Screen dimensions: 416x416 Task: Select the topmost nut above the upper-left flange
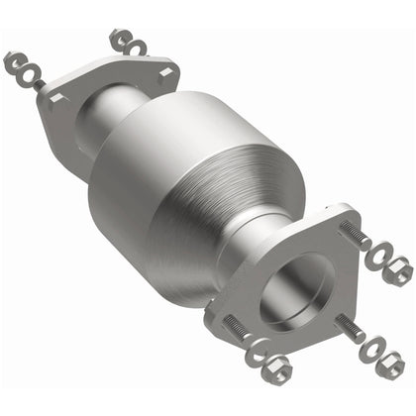point(119,38)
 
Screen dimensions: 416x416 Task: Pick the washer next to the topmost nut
point(134,46)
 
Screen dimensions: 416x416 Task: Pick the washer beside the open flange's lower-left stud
point(255,349)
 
